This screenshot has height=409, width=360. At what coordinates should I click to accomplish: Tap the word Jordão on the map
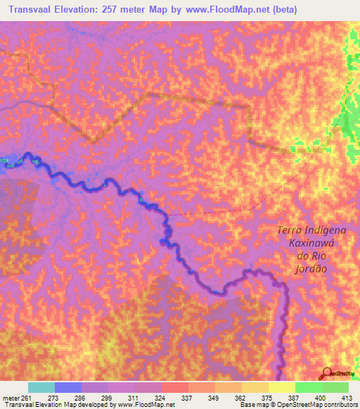tap(313, 268)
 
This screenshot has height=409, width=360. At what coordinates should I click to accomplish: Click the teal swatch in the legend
tap(41, 387)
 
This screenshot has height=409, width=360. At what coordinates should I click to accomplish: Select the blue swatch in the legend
tap(68, 387)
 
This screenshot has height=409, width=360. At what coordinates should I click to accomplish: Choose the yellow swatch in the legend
tap(282, 387)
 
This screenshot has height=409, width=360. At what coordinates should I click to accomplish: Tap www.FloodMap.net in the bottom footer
tap(146, 405)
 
